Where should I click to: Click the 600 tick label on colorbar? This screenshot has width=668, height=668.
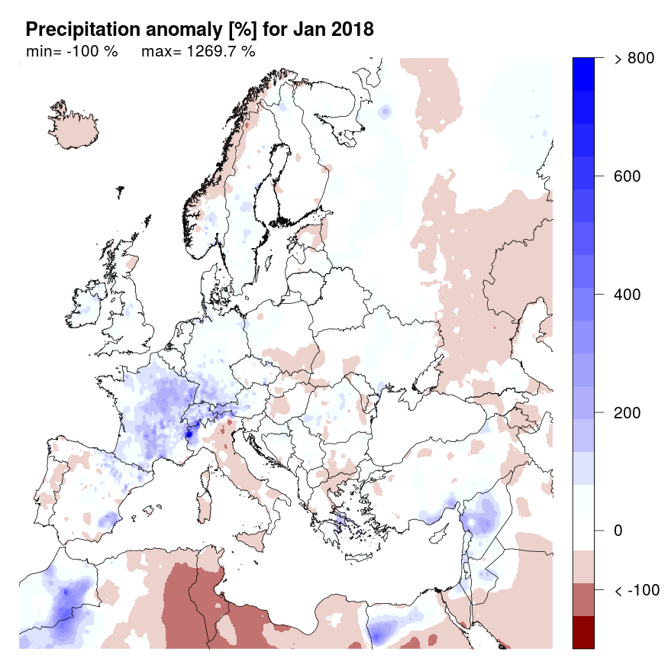tap(627, 176)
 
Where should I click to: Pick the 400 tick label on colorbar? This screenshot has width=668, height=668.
tap(627, 295)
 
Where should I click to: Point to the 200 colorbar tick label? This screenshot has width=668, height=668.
tap(627, 413)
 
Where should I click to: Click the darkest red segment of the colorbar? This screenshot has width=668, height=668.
tap(583, 632)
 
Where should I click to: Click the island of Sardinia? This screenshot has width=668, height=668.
tap(204, 507)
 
